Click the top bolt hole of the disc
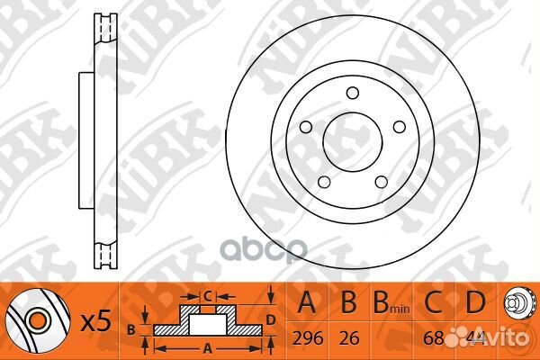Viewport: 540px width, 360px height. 353,92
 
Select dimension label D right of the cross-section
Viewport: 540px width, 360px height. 269,318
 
